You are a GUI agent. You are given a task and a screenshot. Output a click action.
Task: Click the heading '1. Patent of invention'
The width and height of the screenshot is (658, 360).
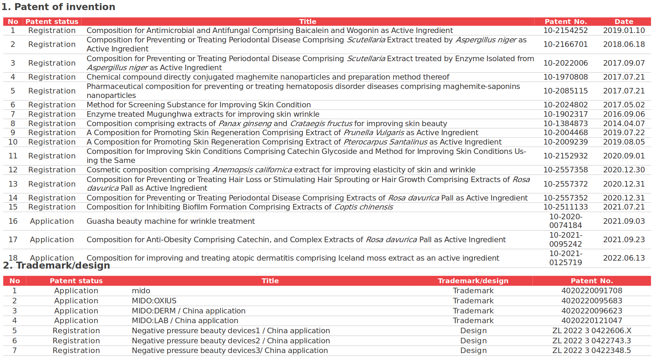58,7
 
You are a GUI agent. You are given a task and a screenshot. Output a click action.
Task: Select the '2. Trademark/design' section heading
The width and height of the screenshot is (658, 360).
57,266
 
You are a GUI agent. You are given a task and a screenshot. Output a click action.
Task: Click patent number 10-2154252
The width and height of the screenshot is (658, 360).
565,31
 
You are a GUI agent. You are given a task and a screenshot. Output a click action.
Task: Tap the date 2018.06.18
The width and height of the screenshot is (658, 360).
624,44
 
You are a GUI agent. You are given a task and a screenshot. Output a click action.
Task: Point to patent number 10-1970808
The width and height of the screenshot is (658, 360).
565,77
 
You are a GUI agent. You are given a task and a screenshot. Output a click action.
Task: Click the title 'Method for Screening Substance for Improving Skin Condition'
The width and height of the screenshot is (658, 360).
198,105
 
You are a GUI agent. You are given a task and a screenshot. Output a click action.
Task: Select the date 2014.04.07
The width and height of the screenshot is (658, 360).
624,124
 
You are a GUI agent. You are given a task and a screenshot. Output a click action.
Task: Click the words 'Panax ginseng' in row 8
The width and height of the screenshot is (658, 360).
245,124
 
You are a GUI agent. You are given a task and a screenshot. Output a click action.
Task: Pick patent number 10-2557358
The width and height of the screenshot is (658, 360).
565,170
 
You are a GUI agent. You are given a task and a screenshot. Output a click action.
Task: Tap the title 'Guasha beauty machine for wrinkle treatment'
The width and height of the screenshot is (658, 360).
170,221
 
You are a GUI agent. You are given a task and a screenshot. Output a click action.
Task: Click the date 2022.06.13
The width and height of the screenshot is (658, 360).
624,258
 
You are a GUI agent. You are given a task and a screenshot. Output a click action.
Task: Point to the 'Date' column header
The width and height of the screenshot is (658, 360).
624,22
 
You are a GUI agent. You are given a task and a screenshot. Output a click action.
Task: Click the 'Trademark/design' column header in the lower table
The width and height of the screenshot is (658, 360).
473,281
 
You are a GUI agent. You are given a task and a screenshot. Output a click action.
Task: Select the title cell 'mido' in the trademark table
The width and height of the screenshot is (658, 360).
141,291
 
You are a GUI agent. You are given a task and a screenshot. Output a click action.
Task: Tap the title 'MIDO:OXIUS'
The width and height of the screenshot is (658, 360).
154,301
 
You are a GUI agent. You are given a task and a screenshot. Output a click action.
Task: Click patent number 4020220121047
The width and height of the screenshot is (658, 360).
592,321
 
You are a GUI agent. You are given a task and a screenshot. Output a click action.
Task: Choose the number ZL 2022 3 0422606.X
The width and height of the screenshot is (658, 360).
592,331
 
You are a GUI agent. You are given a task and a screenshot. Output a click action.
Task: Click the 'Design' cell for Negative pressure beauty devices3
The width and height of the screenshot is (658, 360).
473,351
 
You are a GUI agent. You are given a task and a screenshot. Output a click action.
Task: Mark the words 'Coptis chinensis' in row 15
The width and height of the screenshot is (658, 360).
363,207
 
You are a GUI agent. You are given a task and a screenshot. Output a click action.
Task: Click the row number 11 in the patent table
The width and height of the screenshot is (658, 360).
13,156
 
